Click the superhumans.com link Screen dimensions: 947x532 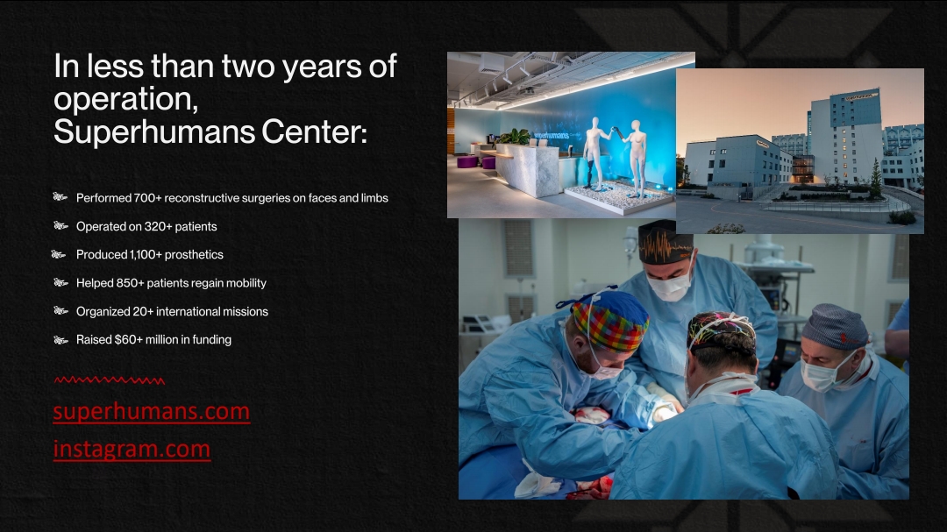(152, 411)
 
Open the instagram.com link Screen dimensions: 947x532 (132, 449)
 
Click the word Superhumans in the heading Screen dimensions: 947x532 (153, 131)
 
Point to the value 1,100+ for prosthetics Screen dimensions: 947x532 (146, 255)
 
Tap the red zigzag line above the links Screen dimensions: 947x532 (110, 380)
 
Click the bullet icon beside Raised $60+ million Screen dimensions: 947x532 (61, 340)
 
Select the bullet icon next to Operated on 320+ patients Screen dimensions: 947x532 (61, 226)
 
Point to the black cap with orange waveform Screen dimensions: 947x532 (666, 243)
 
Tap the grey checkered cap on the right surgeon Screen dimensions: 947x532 (836, 326)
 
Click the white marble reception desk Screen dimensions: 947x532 (527, 170)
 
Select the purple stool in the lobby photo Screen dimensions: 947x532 (466, 161)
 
